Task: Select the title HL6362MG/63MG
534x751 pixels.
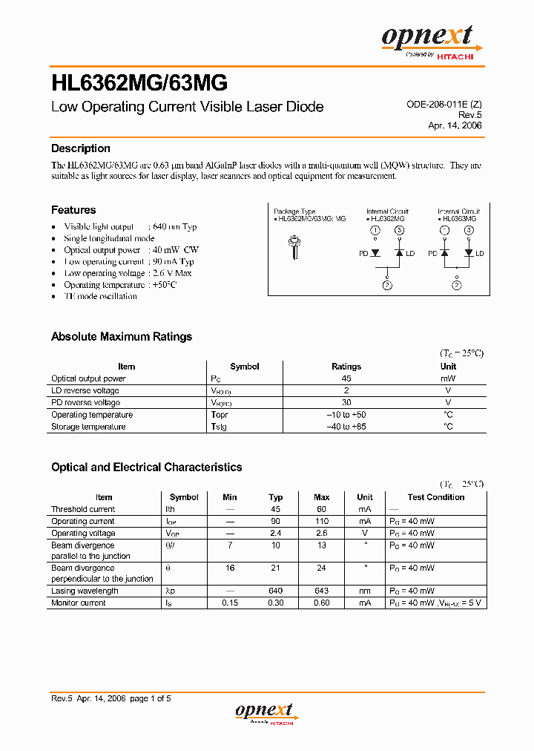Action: [x=139, y=81]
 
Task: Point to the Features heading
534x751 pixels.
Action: [x=73, y=210]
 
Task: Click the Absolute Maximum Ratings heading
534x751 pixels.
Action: [x=122, y=337]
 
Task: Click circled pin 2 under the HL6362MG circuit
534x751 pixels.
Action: [x=386, y=285]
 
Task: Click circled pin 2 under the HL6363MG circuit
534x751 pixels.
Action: [x=457, y=285]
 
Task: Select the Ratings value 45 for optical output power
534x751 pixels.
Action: [x=346, y=378]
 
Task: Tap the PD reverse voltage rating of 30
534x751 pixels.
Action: [x=346, y=403]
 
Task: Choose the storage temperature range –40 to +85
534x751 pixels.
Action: [x=346, y=427]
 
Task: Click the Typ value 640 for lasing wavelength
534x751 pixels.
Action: [x=276, y=591]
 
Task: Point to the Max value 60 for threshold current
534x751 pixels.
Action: [x=322, y=509]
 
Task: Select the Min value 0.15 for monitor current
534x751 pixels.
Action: [x=230, y=603]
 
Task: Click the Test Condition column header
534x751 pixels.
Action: [x=436, y=497]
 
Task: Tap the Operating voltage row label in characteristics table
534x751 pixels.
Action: [x=83, y=533]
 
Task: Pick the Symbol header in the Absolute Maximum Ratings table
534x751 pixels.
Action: [x=245, y=367]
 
